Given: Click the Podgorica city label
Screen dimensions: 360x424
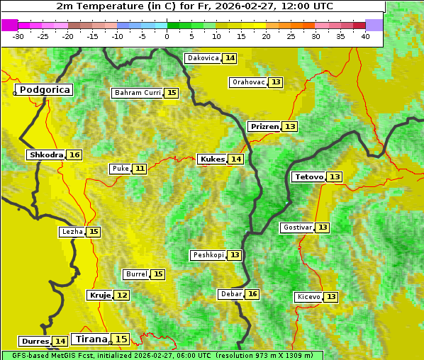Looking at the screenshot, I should [x=45, y=90].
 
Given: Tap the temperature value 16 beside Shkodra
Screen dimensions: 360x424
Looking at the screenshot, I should [x=74, y=155].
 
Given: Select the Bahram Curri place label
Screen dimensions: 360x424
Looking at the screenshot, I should [x=138, y=93].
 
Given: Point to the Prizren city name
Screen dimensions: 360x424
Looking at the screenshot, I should [x=264, y=127].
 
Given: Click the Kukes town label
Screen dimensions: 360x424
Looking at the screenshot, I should [x=213, y=159].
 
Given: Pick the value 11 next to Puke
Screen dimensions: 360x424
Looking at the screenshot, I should [x=140, y=169].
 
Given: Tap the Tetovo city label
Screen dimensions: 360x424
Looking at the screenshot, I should [x=309, y=176].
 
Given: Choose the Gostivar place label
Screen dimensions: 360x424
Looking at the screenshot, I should [x=297, y=227].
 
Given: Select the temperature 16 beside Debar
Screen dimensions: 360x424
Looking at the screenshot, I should [x=252, y=294].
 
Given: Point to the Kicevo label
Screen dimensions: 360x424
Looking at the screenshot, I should [x=309, y=296].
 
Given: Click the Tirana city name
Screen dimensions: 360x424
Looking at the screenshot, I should [x=92, y=339].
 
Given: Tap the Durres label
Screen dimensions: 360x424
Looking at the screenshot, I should [x=35, y=342].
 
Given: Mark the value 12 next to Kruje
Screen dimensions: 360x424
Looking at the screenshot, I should [x=122, y=295].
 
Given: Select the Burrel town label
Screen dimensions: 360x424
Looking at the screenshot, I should [x=136, y=274].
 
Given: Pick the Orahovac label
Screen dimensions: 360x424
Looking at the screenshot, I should [x=249, y=82].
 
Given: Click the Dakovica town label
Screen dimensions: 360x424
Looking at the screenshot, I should [x=203, y=58].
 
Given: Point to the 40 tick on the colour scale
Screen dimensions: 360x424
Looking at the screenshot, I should [x=365, y=35].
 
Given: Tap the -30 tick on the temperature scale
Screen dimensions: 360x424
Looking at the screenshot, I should [x=18, y=35].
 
